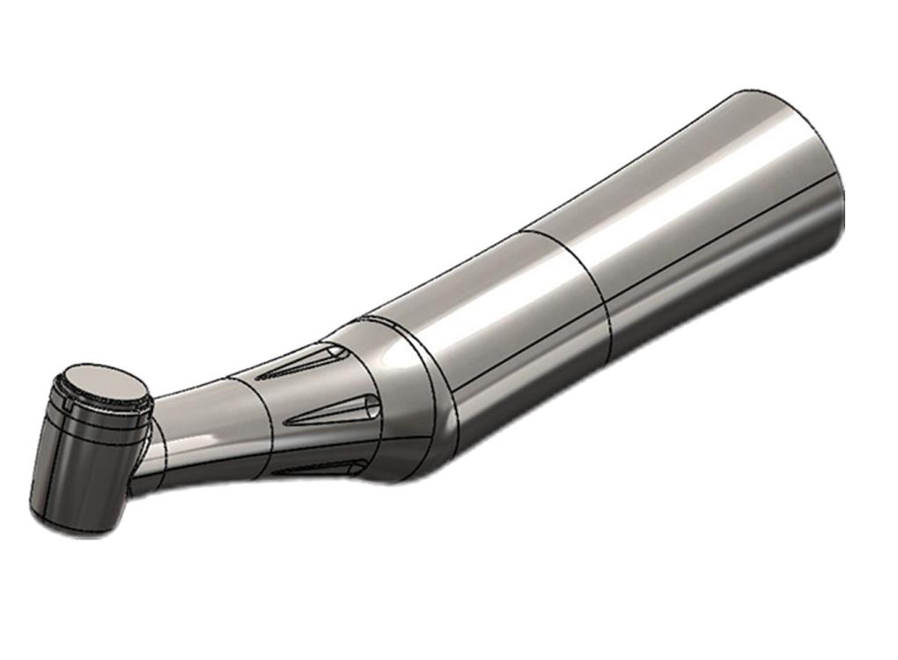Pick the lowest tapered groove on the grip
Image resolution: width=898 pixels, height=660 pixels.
click(317, 467)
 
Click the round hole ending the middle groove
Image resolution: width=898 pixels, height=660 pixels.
click(372, 406)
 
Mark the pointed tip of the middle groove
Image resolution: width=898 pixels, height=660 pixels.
click(291, 422)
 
